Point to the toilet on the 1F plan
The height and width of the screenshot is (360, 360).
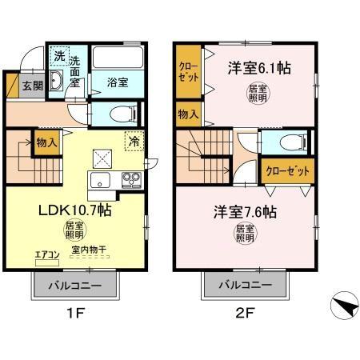(x=110, y=113)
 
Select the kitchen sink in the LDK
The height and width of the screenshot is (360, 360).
(x=101, y=178)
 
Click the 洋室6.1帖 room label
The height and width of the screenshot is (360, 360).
(x=256, y=70)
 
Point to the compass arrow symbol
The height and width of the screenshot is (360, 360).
(x=341, y=306)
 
